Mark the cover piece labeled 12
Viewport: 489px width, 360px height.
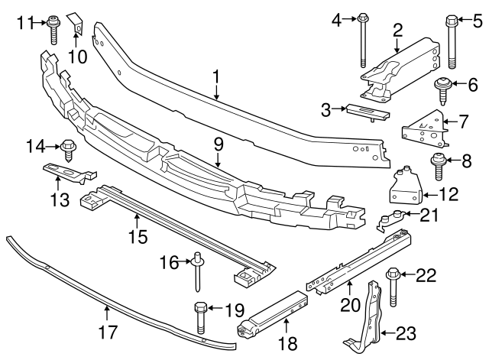405,187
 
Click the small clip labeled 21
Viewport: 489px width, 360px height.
393,219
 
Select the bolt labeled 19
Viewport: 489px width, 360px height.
201,316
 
